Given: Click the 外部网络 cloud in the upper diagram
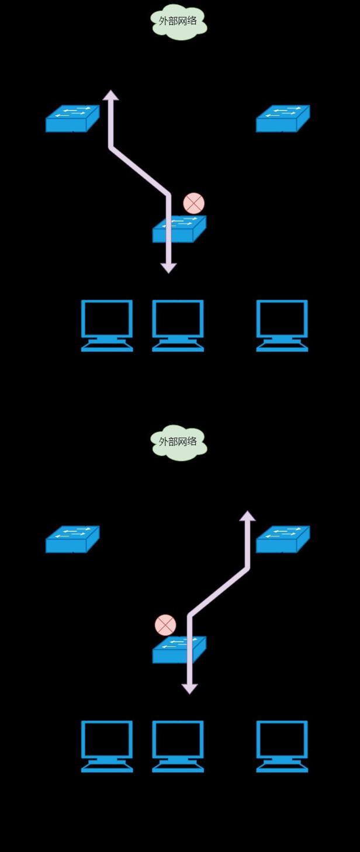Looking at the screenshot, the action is click(179, 21).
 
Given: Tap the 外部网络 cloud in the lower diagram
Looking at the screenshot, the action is click(179, 442).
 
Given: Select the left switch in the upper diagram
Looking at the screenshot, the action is click(72, 119).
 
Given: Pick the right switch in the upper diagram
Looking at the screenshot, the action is click(283, 119).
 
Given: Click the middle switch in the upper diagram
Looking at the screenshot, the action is click(179, 229).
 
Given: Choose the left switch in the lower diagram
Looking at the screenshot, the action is click(72, 539).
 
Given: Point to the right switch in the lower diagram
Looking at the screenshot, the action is click(283, 539).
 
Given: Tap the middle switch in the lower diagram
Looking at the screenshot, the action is click(179, 650).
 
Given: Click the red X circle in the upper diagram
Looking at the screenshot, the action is click(193, 203).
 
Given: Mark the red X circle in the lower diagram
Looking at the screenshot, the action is click(165, 625).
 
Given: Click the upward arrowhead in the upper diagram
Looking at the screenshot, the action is click(110, 95).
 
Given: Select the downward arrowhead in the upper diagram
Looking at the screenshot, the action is click(168, 268).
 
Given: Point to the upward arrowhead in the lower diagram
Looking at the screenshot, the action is click(248, 516).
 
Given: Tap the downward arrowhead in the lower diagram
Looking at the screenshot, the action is click(189, 689).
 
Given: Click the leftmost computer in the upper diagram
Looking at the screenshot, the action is click(107, 325).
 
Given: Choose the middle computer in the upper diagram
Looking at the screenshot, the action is click(178, 325).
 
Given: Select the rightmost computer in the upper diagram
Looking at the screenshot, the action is click(282, 325).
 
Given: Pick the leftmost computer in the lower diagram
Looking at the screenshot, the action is click(107, 746).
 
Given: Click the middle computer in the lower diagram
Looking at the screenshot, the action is click(178, 746).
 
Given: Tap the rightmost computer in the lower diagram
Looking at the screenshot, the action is click(282, 746).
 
